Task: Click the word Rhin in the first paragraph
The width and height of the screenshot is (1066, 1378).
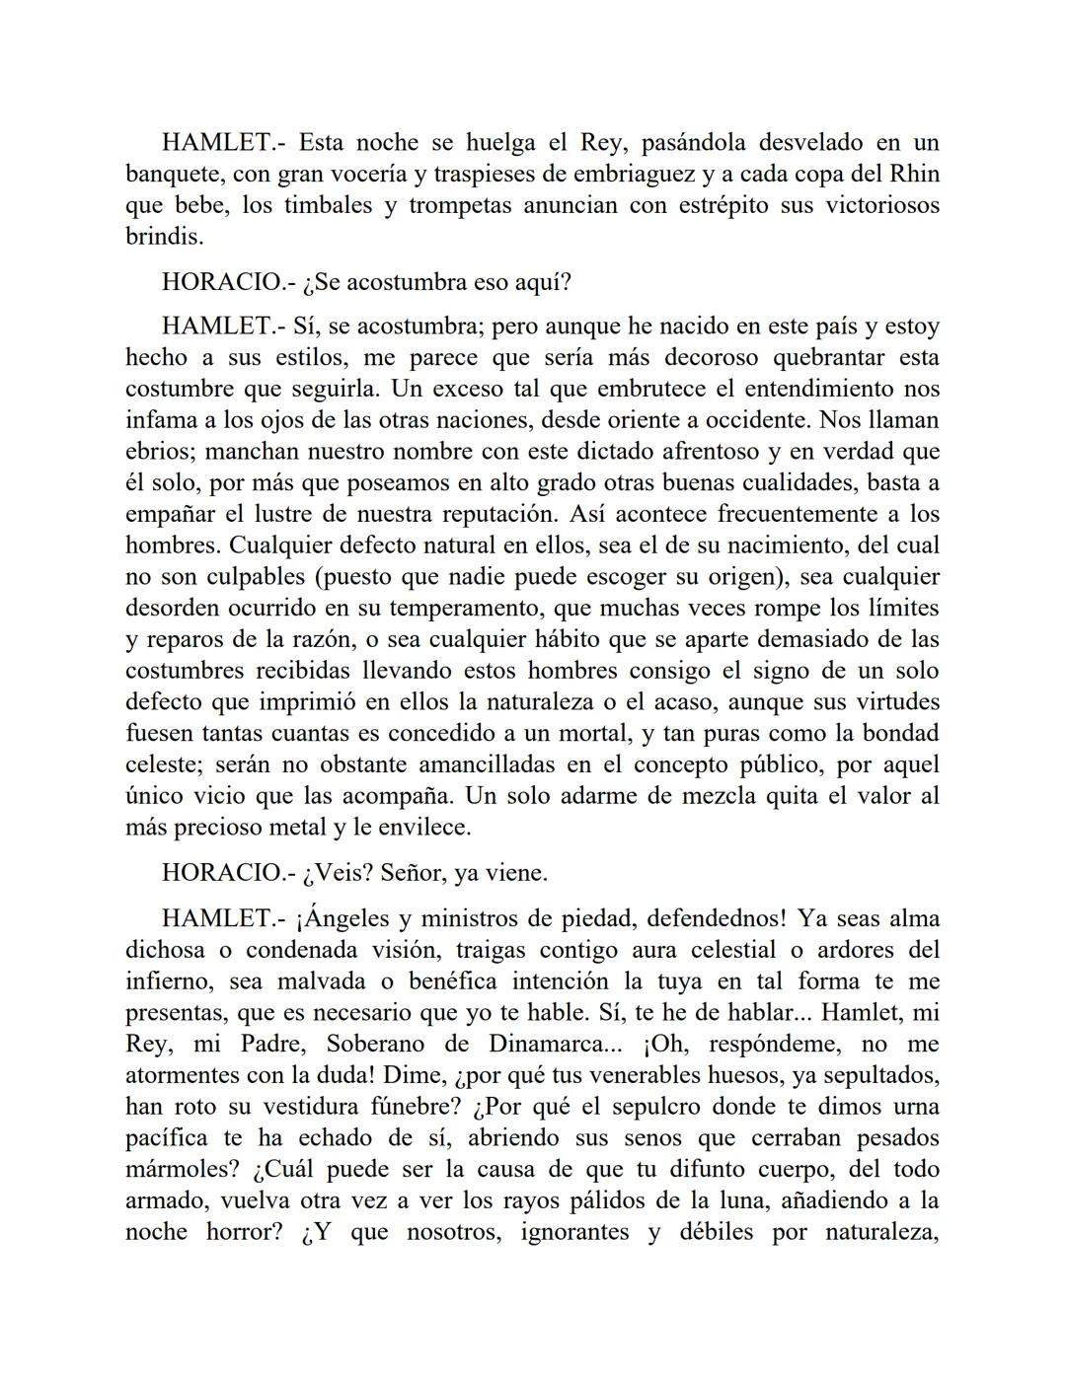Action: pyautogui.click(x=914, y=175)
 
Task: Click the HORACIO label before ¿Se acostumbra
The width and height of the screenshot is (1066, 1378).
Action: pyautogui.click(x=222, y=282)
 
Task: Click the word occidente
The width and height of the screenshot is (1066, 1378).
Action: pyautogui.click(x=752, y=420)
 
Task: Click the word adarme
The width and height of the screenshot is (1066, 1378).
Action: pyautogui.click(x=603, y=796)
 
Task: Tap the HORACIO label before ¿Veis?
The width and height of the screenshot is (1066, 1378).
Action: pyautogui.click(x=222, y=873)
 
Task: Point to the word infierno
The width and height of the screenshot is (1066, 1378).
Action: pyautogui.click(x=169, y=981)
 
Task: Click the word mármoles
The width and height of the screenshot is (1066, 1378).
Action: pyautogui.click(x=182, y=1170)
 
